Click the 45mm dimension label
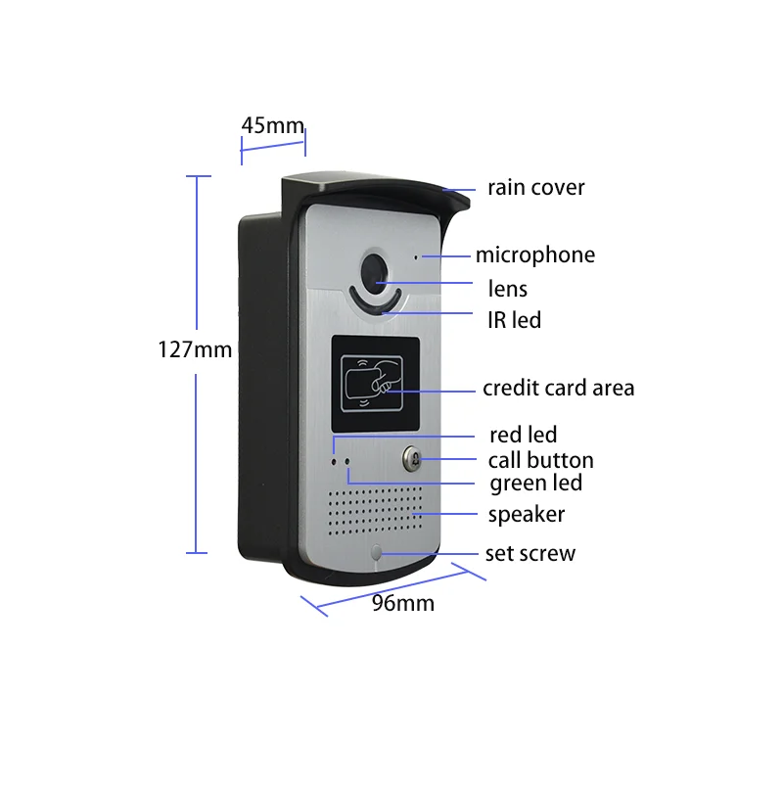point(272,125)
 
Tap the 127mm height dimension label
point(195,348)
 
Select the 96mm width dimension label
point(402,603)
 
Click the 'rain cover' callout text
point(536,187)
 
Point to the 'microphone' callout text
point(534,255)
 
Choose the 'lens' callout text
point(507,288)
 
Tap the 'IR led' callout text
point(514,320)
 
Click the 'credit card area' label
point(558,388)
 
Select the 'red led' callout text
point(523,435)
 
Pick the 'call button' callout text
point(540,460)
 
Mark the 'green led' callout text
point(535,483)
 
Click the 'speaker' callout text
point(527,514)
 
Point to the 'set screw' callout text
point(530,554)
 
